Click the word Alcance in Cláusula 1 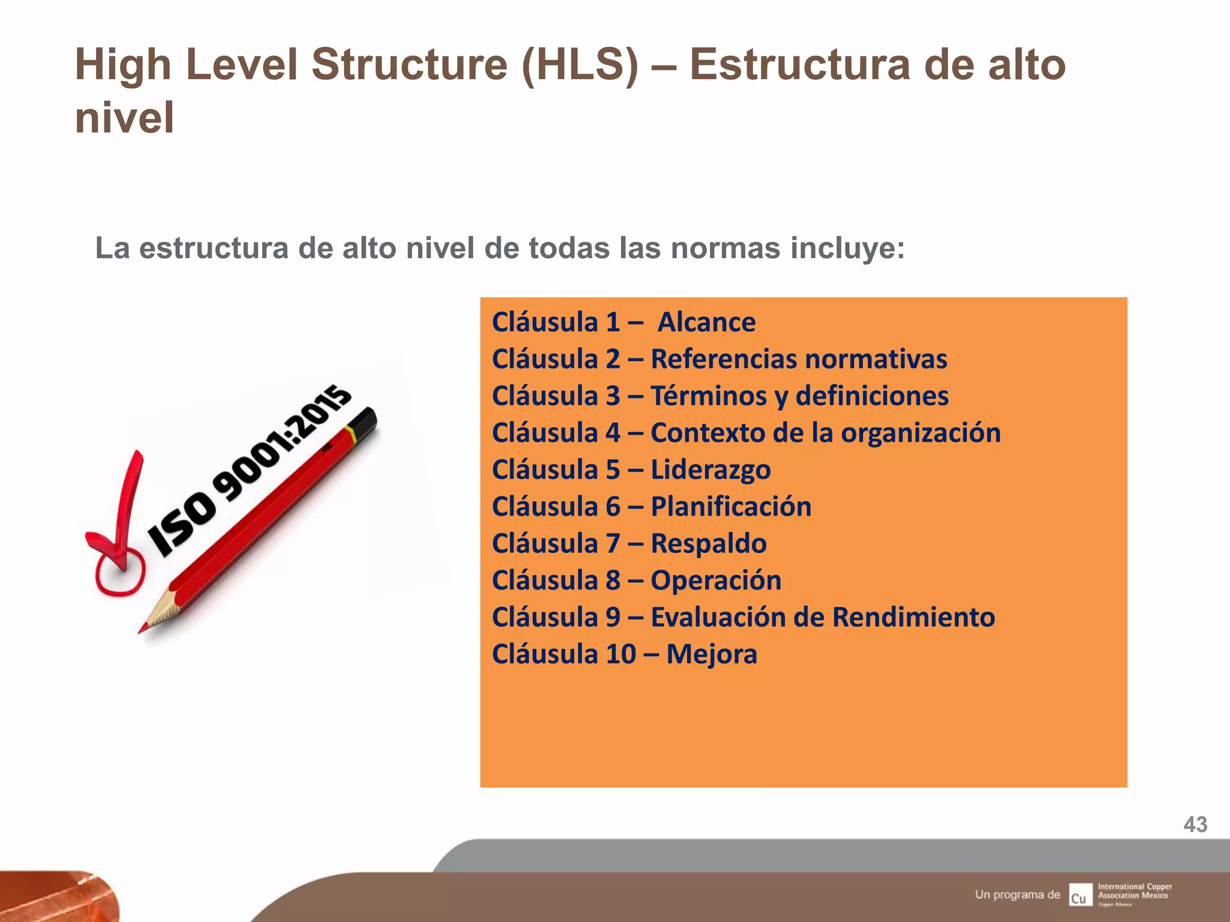[706, 322]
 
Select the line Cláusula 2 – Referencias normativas [719, 359]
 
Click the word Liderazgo [710, 470]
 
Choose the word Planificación [731, 507]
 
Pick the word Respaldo [709, 544]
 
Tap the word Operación [716, 580]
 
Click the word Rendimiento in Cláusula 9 [913, 617]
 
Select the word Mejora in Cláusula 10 [712, 654]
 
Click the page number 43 [1195, 824]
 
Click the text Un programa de [1017, 894]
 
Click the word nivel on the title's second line [124, 117]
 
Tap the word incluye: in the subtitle [847, 248]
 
